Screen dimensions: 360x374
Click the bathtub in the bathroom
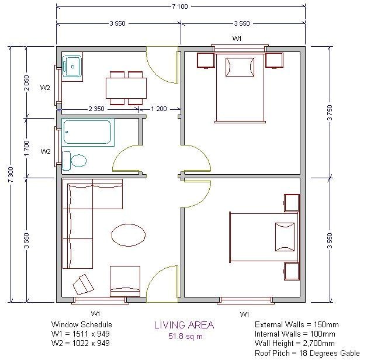point(87,132)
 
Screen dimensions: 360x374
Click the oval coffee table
point(128,236)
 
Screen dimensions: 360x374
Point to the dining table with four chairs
point(126,88)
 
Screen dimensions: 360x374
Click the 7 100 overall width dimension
point(180,6)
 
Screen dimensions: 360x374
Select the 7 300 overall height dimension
point(9,174)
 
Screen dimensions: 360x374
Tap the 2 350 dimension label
point(97,109)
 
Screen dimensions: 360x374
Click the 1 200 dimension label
point(159,109)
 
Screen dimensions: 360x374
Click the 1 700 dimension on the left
point(26,146)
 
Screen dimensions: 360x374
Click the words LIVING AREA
point(183,326)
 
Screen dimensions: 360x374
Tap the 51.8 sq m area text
point(183,337)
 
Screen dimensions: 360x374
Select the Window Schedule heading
point(81,324)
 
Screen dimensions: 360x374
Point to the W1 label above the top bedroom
point(237,39)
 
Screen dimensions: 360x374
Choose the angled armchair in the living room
point(83,286)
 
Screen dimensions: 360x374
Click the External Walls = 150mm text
point(297,324)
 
